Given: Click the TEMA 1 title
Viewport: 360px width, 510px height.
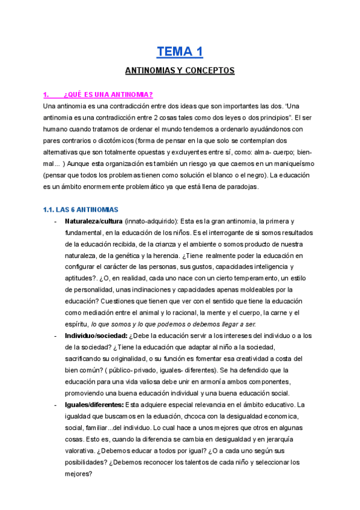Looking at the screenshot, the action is [x=179, y=52].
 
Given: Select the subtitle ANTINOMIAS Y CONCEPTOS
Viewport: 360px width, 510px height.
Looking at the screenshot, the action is [x=179, y=71].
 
